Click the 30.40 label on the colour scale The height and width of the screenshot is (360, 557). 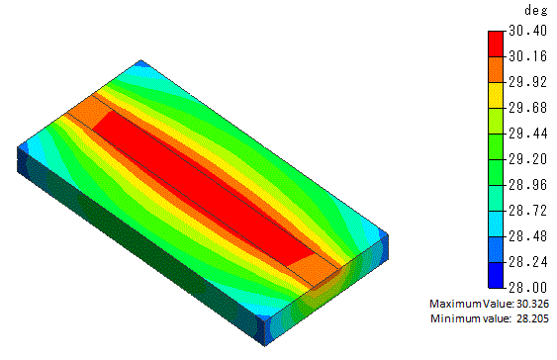click(x=528, y=31)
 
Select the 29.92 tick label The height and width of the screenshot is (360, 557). click(x=528, y=82)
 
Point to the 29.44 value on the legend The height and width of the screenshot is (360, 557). click(x=528, y=134)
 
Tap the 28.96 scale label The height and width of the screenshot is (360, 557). click(x=528, y=185)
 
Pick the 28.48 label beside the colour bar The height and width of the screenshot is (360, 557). click(x=528, y=236)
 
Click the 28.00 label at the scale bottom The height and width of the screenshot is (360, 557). click(x=528, y=288)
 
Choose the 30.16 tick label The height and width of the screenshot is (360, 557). click(x=528, y=56)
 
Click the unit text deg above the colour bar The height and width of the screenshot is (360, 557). click(x=535, y=10)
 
